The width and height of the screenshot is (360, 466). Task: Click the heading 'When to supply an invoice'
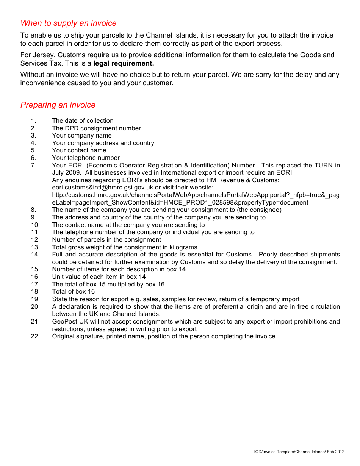(68, 23)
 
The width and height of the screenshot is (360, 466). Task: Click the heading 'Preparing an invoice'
(58, 105)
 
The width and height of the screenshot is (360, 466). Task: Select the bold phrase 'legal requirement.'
(124, 63)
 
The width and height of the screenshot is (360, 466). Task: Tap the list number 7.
(33, 165)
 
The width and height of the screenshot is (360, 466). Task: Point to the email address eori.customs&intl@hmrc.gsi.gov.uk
(102, 188)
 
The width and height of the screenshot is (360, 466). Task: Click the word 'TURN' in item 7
(323, 165)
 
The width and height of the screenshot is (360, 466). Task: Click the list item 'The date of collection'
(83, 121)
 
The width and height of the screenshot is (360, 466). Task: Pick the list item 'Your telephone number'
(86, 158)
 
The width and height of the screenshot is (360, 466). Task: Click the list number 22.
(35, 336)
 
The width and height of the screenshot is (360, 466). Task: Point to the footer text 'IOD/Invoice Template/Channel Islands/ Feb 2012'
(299, 452)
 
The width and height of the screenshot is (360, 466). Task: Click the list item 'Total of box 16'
(74, 292)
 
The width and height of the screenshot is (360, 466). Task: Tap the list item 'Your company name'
(82, 136)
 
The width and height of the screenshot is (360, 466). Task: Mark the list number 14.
(35, 255)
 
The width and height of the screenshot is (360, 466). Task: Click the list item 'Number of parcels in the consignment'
(106, 240)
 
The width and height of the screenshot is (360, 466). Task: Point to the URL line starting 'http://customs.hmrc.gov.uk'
(196, 195)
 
